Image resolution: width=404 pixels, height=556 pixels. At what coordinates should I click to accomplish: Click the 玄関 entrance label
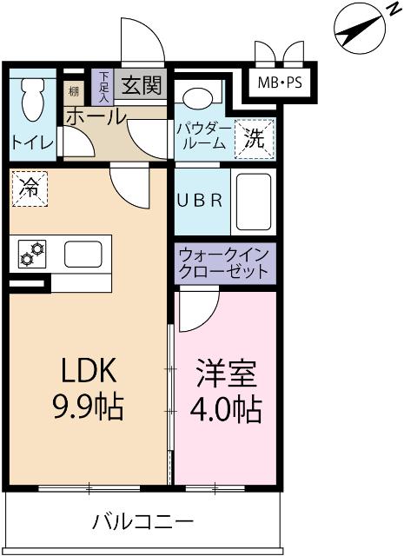pyautogui.click(x=141, y=86)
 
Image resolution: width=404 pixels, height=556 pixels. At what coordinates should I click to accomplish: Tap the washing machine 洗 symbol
pyautogui.click(x=253, y=138)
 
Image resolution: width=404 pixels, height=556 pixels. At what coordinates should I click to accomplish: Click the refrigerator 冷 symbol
pyautogui.click(x=30, y=189)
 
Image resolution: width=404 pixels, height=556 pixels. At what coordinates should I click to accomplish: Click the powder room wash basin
pyautogui.click(x=201, y=96)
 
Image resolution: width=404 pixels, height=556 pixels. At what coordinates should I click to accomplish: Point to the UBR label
pyautogui.click(x=201, y=200)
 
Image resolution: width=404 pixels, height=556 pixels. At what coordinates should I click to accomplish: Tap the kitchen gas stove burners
pyautogui.click(x=32, y=254)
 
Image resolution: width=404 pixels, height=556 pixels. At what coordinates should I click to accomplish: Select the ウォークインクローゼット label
pyautogui.click(x=224, y=263)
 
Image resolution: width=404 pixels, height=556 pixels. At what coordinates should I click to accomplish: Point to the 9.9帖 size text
pyautogui.click(x=87, y=406)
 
